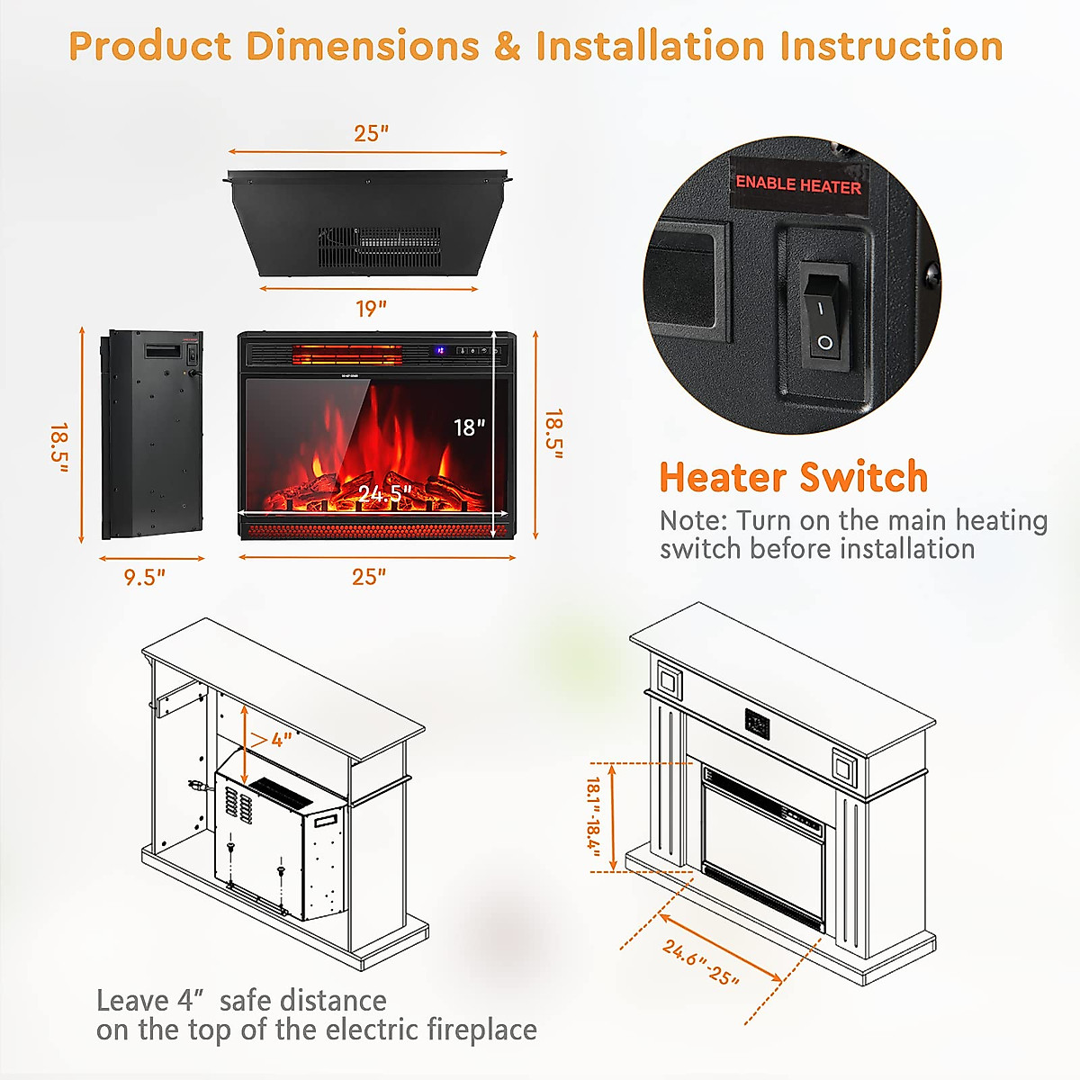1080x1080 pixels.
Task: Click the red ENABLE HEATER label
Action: coord(798,184)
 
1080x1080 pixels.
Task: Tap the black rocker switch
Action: coord(825,314)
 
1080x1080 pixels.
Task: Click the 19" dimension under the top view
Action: coord(370,309)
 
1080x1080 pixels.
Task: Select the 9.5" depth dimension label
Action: coord(144,578)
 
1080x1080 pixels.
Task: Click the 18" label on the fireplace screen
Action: coord(469,427)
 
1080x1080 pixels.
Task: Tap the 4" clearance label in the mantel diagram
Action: coord(282,740)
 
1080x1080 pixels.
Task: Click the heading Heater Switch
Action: coord(793,477)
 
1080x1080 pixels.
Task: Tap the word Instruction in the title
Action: coord(891,46)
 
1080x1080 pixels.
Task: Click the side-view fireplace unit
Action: coord(151,436)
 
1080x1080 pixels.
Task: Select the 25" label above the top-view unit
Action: coord(371,133)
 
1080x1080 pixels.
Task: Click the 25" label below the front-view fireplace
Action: coord(369,577)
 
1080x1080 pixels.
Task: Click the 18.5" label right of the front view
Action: coord(554,435)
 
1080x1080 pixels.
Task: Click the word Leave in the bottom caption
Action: coord(132,1001)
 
